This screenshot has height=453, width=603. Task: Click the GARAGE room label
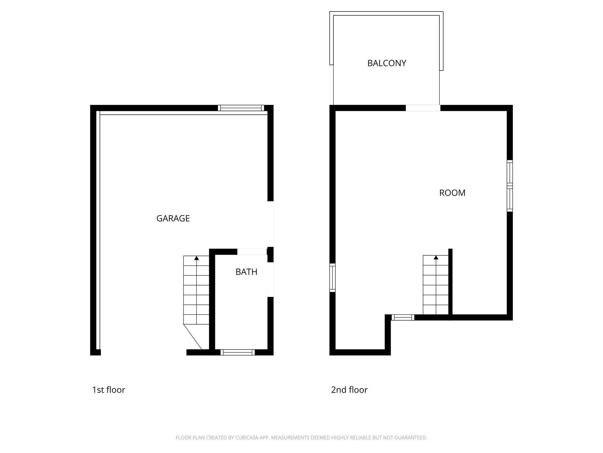click(173, 218)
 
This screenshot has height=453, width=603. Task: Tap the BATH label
click(246, 272)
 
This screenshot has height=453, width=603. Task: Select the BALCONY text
click(387, 63)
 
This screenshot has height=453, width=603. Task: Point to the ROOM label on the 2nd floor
click(452, 193)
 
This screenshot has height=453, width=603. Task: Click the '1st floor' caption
click(109, 390)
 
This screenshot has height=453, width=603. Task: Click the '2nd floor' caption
click(349, 390)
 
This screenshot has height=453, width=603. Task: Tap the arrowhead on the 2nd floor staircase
click(436, 257)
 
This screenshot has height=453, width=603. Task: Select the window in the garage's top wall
click(241, 108)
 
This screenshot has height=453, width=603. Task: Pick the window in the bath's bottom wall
click(237, 352)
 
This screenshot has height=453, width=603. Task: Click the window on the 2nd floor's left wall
click(332, 278)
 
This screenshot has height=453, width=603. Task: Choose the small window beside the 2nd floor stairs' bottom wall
click(402, 317)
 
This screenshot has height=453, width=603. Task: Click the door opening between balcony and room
click(423, 108)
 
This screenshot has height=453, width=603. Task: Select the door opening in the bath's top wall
click(252, 252)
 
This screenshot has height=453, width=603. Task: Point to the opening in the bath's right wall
click(270, 279)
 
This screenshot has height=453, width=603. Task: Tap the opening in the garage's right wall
click(270, 224)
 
